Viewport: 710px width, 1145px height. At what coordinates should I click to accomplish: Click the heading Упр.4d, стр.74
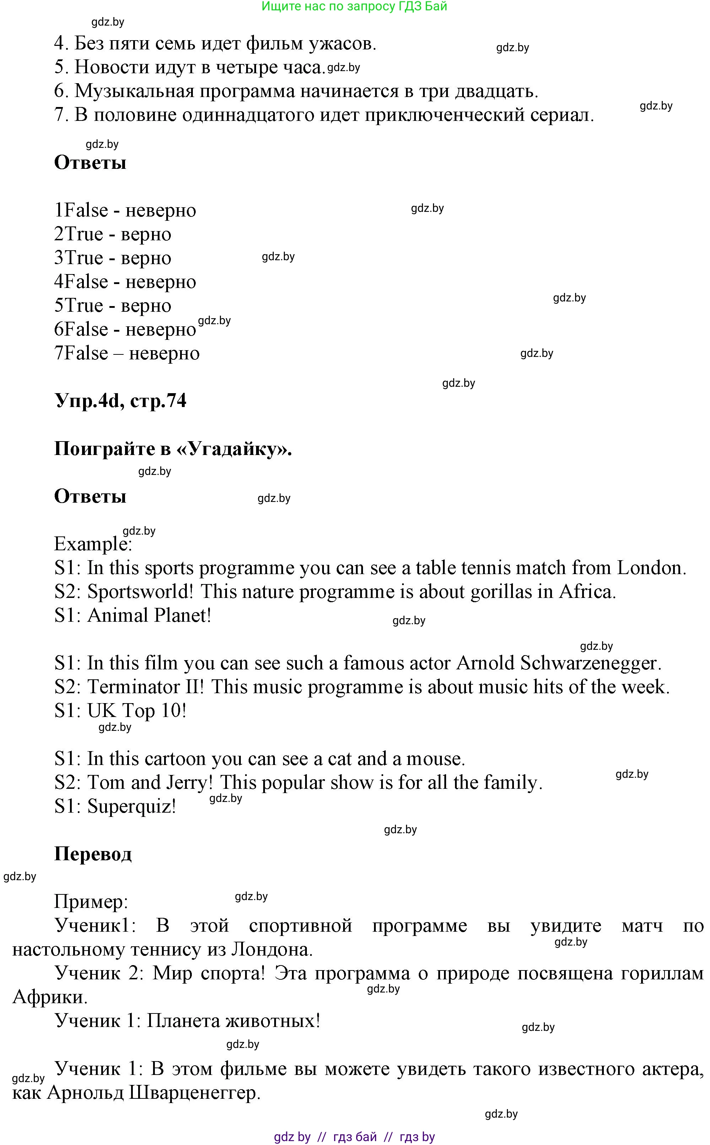click(x=120, y=401)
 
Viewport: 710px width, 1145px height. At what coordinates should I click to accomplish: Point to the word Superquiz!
click(x=131, y=806)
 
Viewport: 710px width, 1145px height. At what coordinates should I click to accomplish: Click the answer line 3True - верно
click(x=113, y=258)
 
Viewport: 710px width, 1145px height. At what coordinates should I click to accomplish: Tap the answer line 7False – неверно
click(x=127, y=353)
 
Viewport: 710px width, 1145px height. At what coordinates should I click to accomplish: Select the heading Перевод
click(x=93, y=854)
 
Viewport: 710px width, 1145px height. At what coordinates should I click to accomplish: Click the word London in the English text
click(x=651, y=568)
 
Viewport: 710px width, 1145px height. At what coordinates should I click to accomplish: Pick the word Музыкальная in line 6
click(x=134, y=91)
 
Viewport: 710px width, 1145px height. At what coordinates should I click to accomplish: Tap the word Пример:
click(x=91, y=901)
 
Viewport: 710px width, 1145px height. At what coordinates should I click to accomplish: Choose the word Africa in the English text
click(x=587, y=592)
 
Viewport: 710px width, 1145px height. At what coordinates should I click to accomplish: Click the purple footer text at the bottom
click(x=354, y=1136)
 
